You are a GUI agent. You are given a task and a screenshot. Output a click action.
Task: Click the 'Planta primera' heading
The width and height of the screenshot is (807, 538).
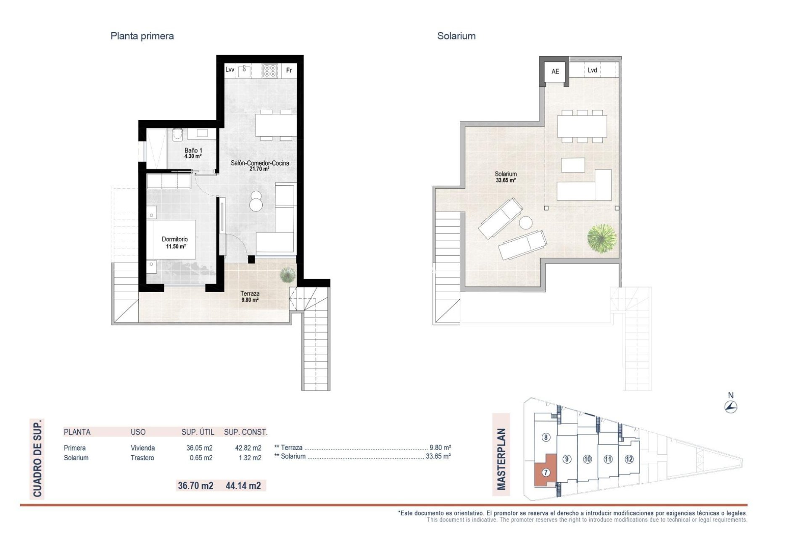[x=142, y=36]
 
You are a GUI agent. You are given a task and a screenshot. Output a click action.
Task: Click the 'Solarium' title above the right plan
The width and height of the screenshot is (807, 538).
[x=456, y=36]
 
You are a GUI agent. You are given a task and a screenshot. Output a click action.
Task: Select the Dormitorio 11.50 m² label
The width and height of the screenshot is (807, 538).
[x=175, y=243]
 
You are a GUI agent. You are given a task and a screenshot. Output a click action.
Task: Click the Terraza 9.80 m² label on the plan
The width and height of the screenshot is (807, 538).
[x=250, y=297]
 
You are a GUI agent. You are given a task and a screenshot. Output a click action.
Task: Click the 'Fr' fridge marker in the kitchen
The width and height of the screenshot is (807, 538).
[x=289, y=71]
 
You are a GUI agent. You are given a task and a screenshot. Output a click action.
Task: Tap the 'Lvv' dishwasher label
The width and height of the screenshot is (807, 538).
[x=229, y=70]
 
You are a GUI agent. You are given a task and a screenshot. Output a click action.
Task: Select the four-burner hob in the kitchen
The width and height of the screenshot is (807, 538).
[x=270, y=71]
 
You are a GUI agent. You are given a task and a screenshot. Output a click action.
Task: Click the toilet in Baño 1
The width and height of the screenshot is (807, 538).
[x=178, y=134]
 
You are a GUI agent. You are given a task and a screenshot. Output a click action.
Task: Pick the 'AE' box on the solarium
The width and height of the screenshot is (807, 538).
[x=555, y=71]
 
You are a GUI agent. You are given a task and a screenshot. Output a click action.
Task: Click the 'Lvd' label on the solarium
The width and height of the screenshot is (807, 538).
[x=592, y=70]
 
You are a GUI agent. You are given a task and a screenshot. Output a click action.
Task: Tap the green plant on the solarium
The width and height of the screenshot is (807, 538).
[x=602, y=238]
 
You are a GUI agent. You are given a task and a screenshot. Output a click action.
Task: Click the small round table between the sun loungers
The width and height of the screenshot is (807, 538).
[x=525, y=222]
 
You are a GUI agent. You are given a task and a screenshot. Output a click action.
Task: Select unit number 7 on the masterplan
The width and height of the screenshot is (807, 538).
[x=546, y=472]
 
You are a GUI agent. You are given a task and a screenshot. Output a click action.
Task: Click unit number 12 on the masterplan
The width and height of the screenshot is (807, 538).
[x=629, y=459]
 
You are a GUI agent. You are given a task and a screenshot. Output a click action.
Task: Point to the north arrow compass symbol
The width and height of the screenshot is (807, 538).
[x=731, y=406]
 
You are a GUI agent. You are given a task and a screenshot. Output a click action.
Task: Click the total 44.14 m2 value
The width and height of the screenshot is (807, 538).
[x=243, y=486]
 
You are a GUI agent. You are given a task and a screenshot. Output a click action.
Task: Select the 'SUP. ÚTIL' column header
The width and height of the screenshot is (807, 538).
[x=198, y=432]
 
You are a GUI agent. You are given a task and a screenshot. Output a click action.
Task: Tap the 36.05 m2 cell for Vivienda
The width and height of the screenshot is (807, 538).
[x=199, y=448]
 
